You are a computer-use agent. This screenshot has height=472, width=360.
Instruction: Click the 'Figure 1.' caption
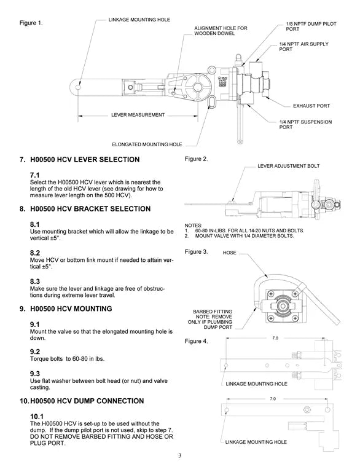[31, 23]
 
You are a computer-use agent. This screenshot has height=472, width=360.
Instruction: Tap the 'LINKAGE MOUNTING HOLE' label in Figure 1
[139, 20]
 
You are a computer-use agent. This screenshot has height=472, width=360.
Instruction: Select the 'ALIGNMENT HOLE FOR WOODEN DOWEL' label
[221, 31]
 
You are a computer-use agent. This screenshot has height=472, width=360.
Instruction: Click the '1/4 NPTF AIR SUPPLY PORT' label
[302, 47]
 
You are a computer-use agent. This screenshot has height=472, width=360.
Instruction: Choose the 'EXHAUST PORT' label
[311, 105]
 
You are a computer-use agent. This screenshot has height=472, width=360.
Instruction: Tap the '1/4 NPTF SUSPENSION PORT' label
[305, 125]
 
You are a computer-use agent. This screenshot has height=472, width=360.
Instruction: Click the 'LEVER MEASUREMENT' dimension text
[138, 115]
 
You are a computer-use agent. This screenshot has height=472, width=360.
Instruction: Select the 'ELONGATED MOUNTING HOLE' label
[147, 144]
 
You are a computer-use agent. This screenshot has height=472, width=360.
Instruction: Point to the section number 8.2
[35, 253]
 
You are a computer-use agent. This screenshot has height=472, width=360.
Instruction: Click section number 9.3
[35, 373]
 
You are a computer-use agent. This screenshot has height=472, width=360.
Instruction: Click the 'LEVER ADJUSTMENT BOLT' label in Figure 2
[288, 166]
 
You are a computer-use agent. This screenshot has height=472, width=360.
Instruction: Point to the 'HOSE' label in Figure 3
[230, 253]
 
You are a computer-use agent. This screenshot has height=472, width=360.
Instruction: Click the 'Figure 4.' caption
[197, 340]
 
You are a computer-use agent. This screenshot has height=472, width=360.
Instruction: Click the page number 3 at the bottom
[180, 455]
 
